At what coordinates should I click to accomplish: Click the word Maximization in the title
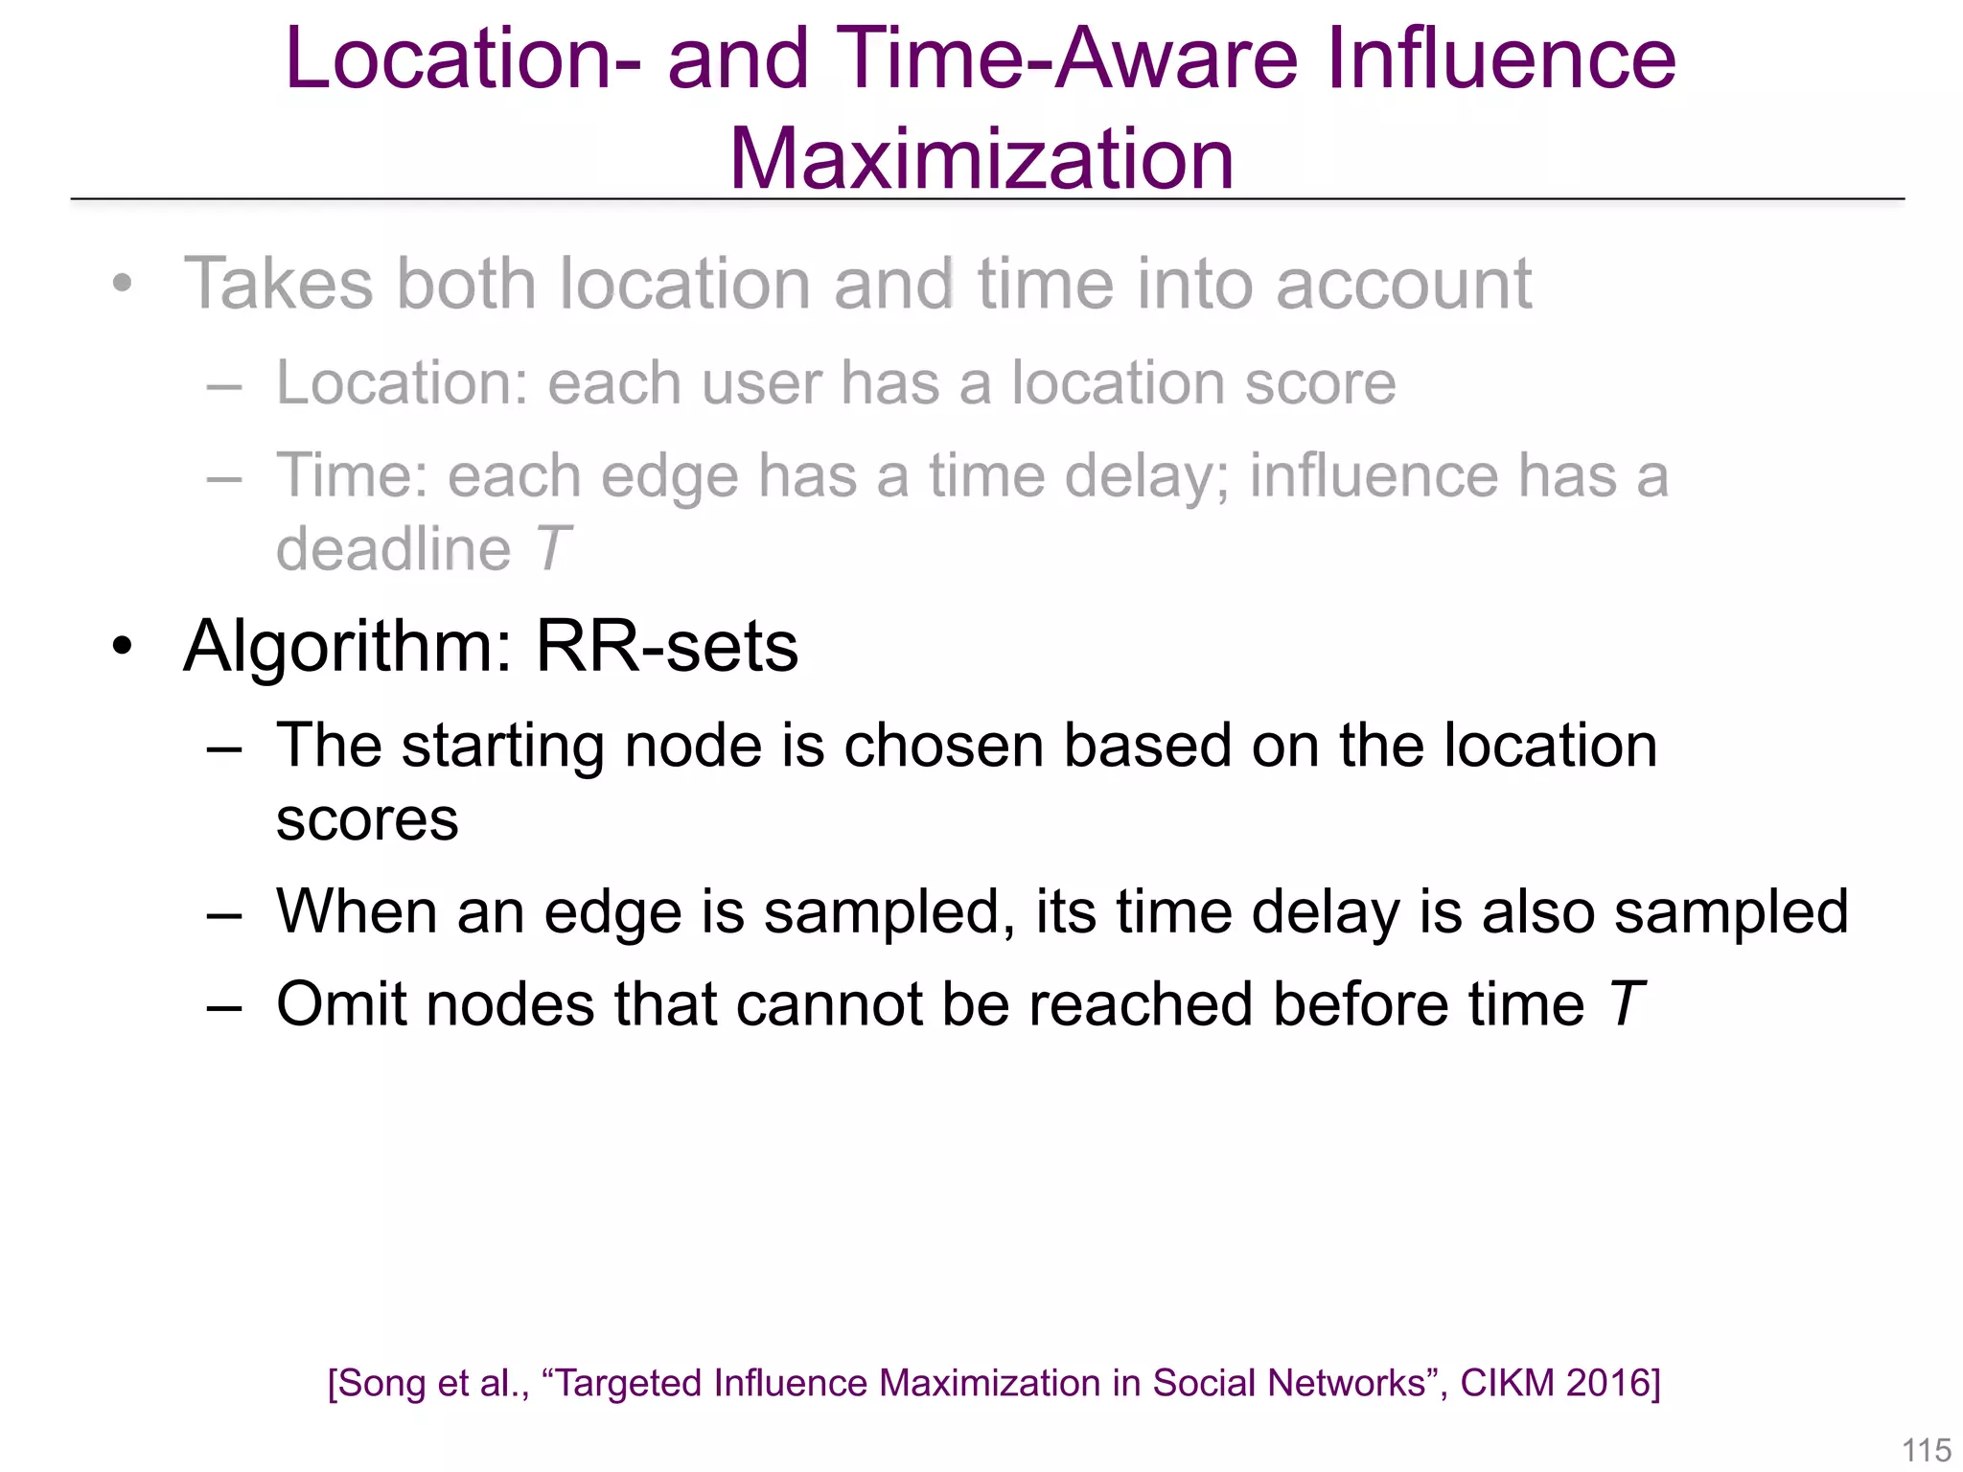coord(981,159)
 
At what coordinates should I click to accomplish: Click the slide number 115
coord(1926,1450)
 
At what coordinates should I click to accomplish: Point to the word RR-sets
coord(666,647)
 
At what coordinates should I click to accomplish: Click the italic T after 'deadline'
coord(553,549)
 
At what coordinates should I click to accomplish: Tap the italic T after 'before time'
coord(1626,1004)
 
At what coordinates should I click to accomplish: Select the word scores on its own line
coord(367,820)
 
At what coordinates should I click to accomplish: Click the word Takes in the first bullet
coord(278,285)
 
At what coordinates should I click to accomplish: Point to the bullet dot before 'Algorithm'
coord(122,646)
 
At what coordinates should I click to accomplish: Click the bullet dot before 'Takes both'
coord(122,284)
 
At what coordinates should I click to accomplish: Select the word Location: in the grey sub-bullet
coord(403,383)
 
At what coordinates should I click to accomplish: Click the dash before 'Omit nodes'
coord(223,1006)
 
